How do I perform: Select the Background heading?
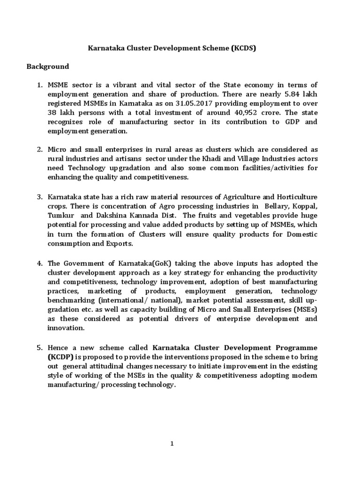(47, 67)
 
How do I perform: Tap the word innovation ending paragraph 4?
(66, 329)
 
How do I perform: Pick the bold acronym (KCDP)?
(60, 357)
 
